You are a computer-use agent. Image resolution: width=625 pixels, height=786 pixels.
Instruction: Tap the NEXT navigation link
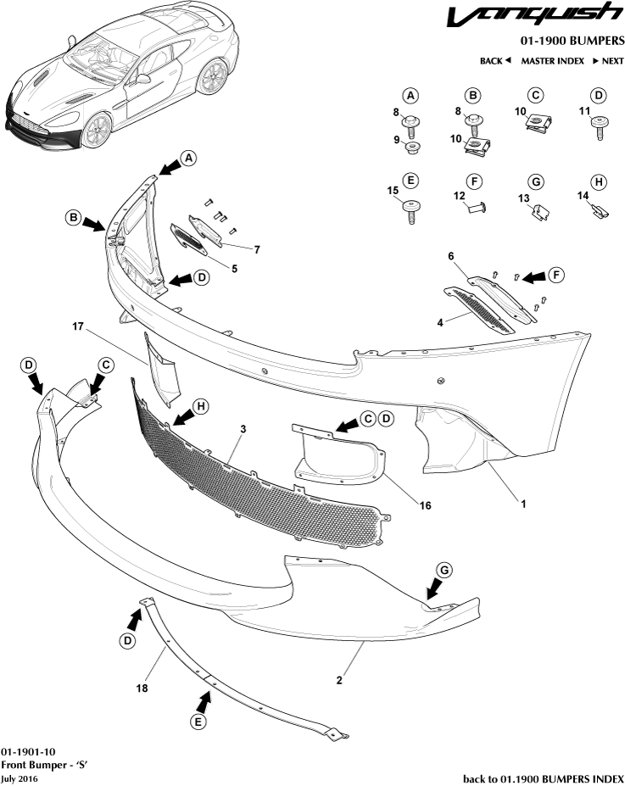(607, 61)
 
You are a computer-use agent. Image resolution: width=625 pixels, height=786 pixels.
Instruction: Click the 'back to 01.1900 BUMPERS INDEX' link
(543, 778)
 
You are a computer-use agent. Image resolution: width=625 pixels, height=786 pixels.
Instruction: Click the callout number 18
(142, 688)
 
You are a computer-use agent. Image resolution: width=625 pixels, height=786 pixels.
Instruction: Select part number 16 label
(426, 505)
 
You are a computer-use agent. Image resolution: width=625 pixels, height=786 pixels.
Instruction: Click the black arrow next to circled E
(204, 700)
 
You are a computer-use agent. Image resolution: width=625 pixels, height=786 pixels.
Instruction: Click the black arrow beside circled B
(92, 222)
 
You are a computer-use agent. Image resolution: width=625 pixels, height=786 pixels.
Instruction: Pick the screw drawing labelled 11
(600, 127)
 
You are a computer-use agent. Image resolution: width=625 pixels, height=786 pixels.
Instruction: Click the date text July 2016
(19, 778)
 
